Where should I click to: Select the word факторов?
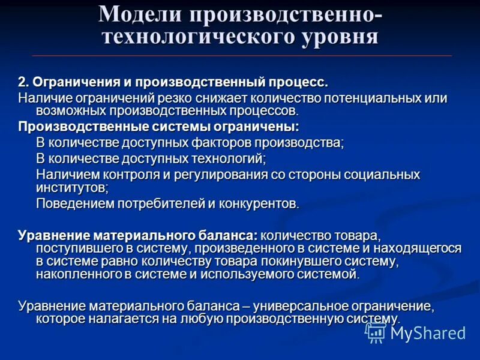pyautogui.click(x=217, y=143)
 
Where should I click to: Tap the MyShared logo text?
pyautogui.click(x=428, y=333)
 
